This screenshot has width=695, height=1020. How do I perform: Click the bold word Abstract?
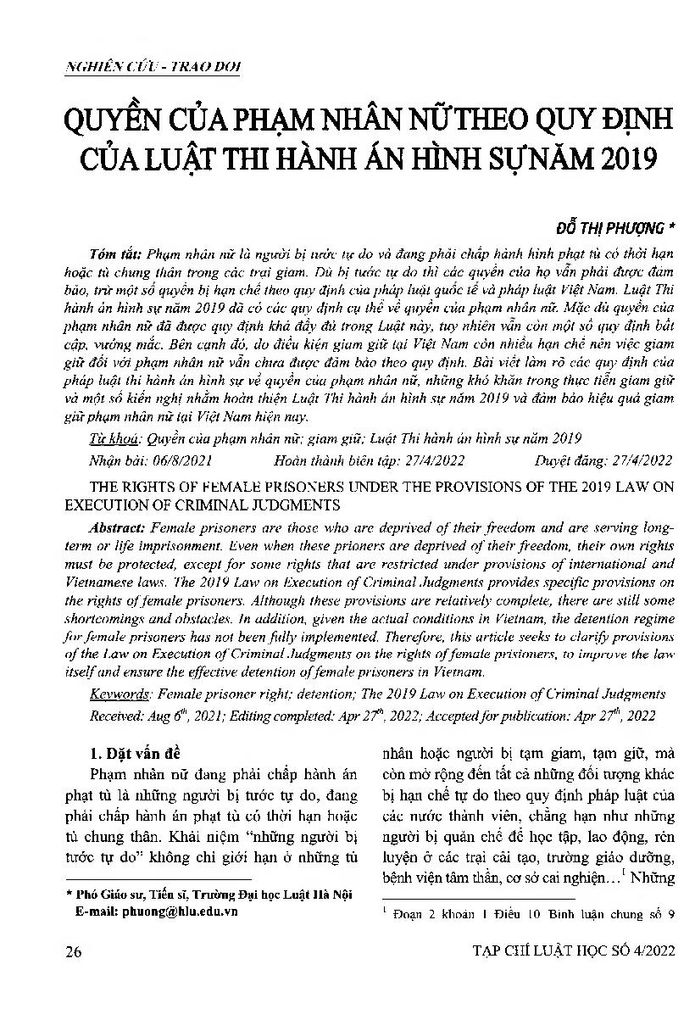(x=121, y=529)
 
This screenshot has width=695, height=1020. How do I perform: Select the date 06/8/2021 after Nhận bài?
(x=181, y=460)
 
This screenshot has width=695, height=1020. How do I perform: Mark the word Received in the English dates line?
(x=119, y=716)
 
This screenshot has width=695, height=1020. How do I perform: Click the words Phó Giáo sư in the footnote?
(x=109, y=895)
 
